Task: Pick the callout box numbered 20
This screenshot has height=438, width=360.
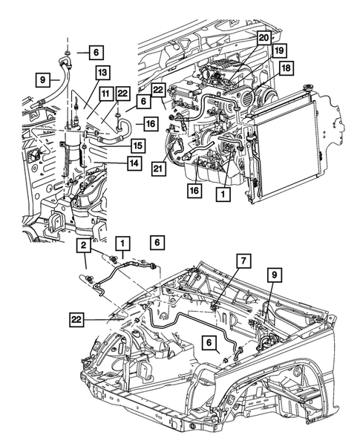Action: pos(264,36)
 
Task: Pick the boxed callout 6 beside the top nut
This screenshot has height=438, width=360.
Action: pos(96,52)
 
